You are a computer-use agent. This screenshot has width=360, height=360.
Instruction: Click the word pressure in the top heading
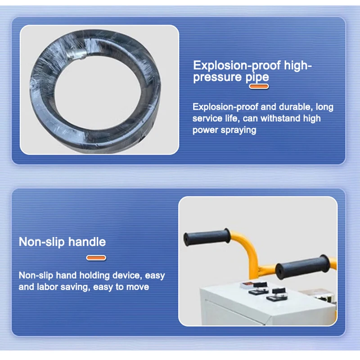pos(217,77)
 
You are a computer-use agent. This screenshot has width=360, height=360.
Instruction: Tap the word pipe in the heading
pos(257,77)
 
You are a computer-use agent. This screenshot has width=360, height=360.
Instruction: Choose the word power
pos(205,130)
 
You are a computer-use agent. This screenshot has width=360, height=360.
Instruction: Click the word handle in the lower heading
pos(87,242)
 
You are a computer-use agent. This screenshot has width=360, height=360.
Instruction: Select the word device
pos(130,275)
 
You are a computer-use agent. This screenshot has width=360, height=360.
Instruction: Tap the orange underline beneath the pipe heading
pos(259,86)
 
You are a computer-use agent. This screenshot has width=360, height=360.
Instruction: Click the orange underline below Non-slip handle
pos(96,258)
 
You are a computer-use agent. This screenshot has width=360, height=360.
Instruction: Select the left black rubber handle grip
pos(207,237)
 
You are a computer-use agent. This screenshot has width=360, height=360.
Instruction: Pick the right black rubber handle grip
pos(302,267)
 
